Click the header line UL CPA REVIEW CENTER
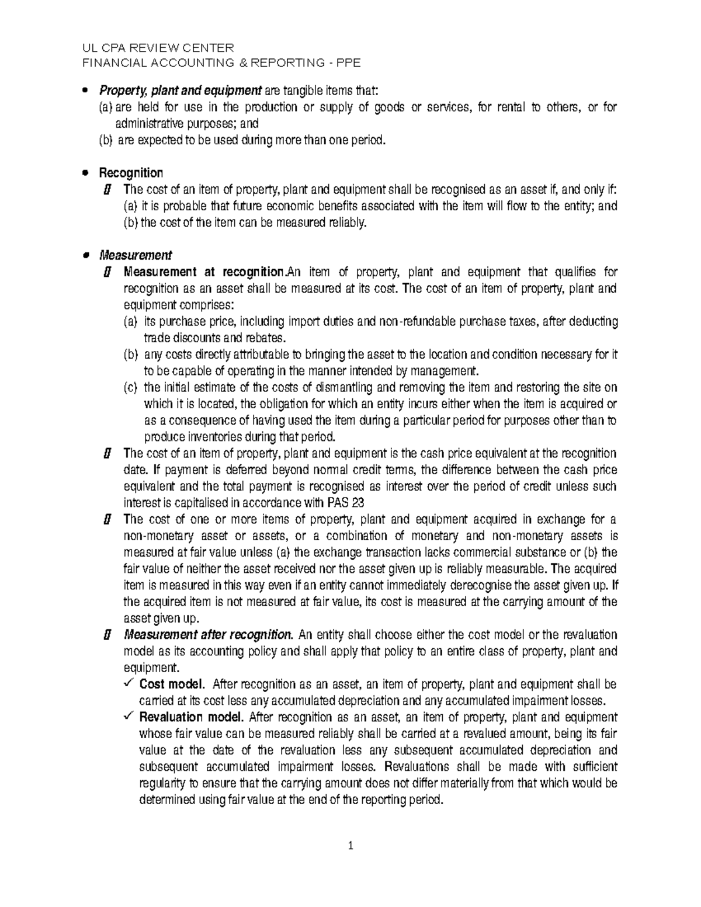(x=159, y=47)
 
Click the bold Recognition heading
(x=131, y=173)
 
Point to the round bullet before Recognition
(x=86, y=173)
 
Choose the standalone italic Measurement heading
(x=136, y=255)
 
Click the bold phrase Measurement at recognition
(x=203, y=272)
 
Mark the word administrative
(x=150, y=123)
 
